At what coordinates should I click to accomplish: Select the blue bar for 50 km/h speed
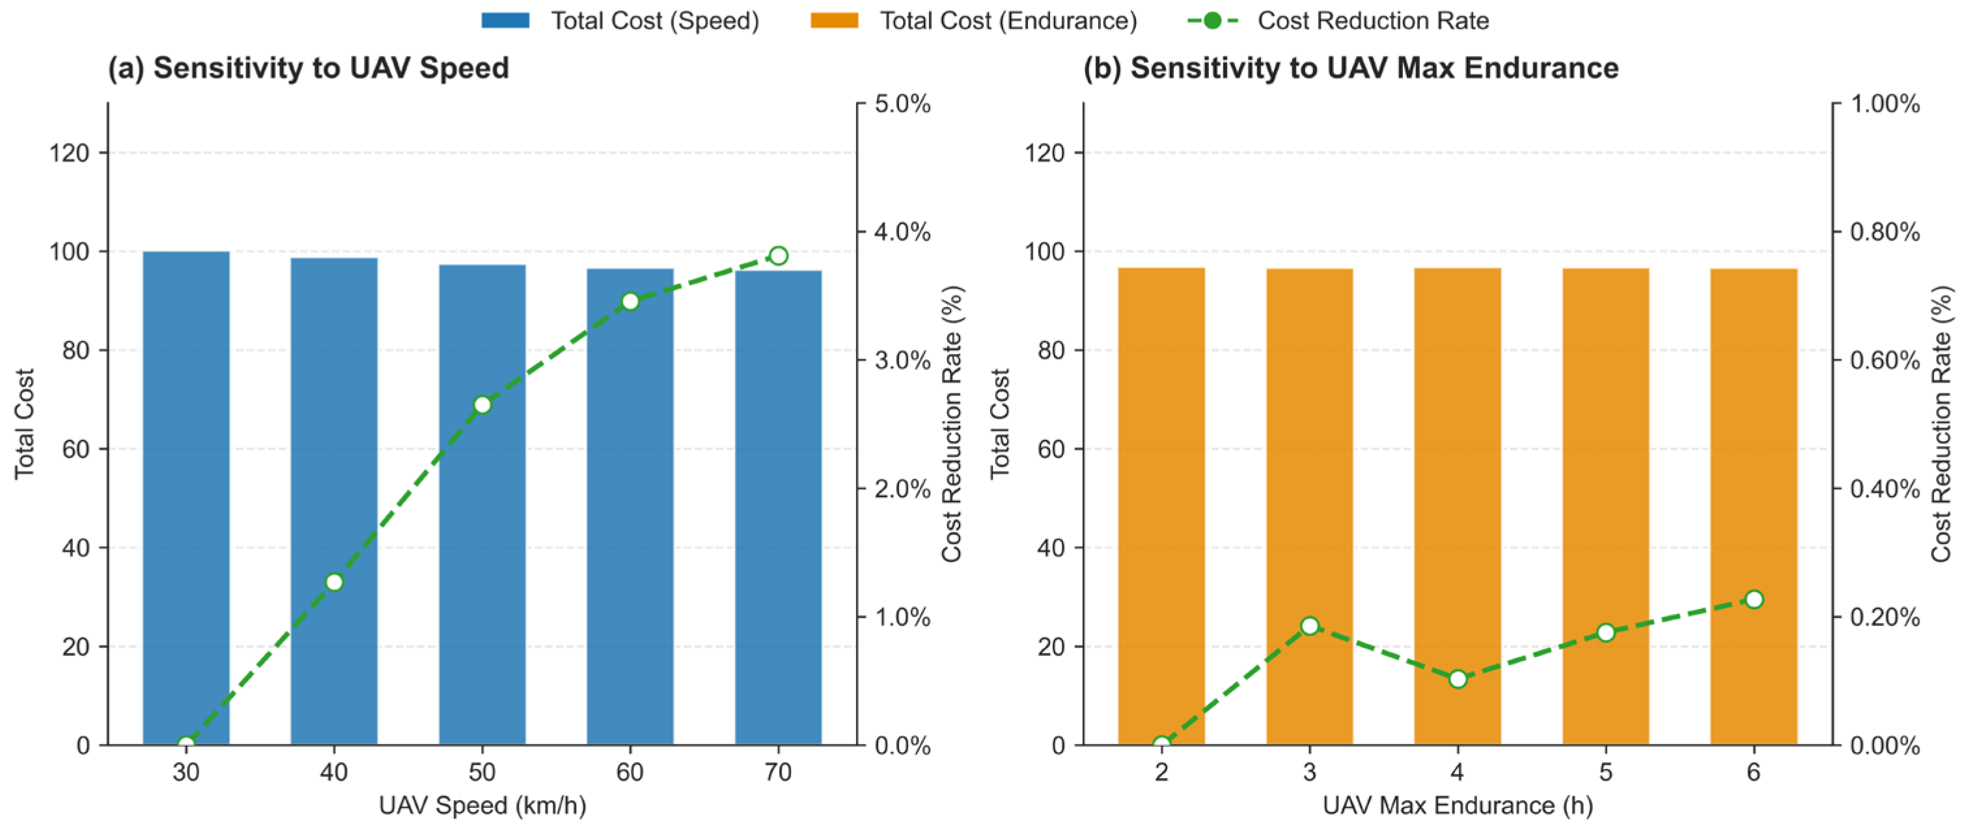pyautogui.click(x=482, y=504)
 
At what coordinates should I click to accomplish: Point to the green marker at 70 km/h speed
pyautogui.click(x=778, y=256)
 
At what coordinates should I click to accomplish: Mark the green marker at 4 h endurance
pyautogui.click(x=1458, y=678)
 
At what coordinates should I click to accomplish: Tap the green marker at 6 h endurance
pyautogui.click(x=1754, y=599)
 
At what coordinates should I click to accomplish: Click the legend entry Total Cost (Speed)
pyautogui.click(x=620, y=21)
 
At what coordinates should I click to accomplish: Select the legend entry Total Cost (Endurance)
pyautogui.click(x=973, y=21)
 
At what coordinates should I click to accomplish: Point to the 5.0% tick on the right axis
pyautogui.click(x=902, y=103)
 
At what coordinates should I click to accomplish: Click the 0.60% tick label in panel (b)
pyautogui.click(x=1885, y=360)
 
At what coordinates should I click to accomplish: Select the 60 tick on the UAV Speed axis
pyautogui.click(x=630, y=773)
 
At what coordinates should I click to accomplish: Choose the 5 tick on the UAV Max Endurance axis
pyautogui.click(x=1606, y=773)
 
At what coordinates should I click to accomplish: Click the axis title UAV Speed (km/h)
pyautogui.click(x=482, y=805)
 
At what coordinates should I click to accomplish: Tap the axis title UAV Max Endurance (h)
pyautogui.click(x=1458, y=805)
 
